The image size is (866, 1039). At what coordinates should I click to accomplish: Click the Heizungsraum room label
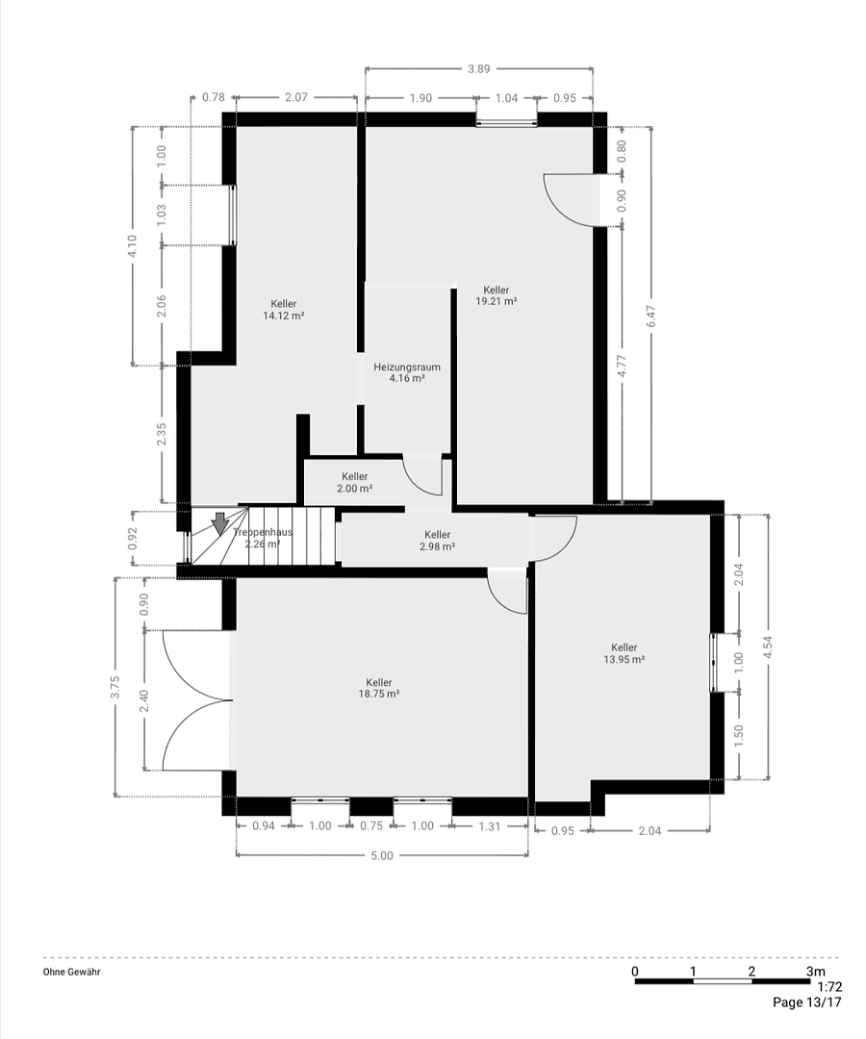point(407,367)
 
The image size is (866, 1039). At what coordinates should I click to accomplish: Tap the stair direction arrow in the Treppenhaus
point(220,523)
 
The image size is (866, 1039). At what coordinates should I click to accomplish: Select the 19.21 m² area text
point(497,301)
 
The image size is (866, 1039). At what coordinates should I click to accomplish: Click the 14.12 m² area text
point(284,315)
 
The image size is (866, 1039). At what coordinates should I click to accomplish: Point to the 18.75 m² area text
point(379,693)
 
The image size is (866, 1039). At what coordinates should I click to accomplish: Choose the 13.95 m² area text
point(624,659)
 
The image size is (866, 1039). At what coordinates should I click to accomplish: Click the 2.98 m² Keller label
point(437,546)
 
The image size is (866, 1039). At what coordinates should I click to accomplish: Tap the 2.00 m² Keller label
point(354,488)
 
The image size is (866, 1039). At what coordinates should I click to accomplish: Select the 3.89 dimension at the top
point(478,68)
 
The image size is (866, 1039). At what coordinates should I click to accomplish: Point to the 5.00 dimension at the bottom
point(382,855)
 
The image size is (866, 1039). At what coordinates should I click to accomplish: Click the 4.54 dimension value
point(767,646)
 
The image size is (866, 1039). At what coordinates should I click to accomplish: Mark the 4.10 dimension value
point(133,245)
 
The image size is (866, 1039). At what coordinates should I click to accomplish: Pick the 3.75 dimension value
point(115,687)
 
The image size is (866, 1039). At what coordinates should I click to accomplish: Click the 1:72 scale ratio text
point(828,987)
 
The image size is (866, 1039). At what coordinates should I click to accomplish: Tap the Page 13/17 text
point(807,1002)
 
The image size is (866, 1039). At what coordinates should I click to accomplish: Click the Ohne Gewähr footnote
point(71,972)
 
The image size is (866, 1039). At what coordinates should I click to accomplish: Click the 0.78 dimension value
point(213,97)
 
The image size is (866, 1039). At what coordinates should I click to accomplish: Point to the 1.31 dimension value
point(490,825)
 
